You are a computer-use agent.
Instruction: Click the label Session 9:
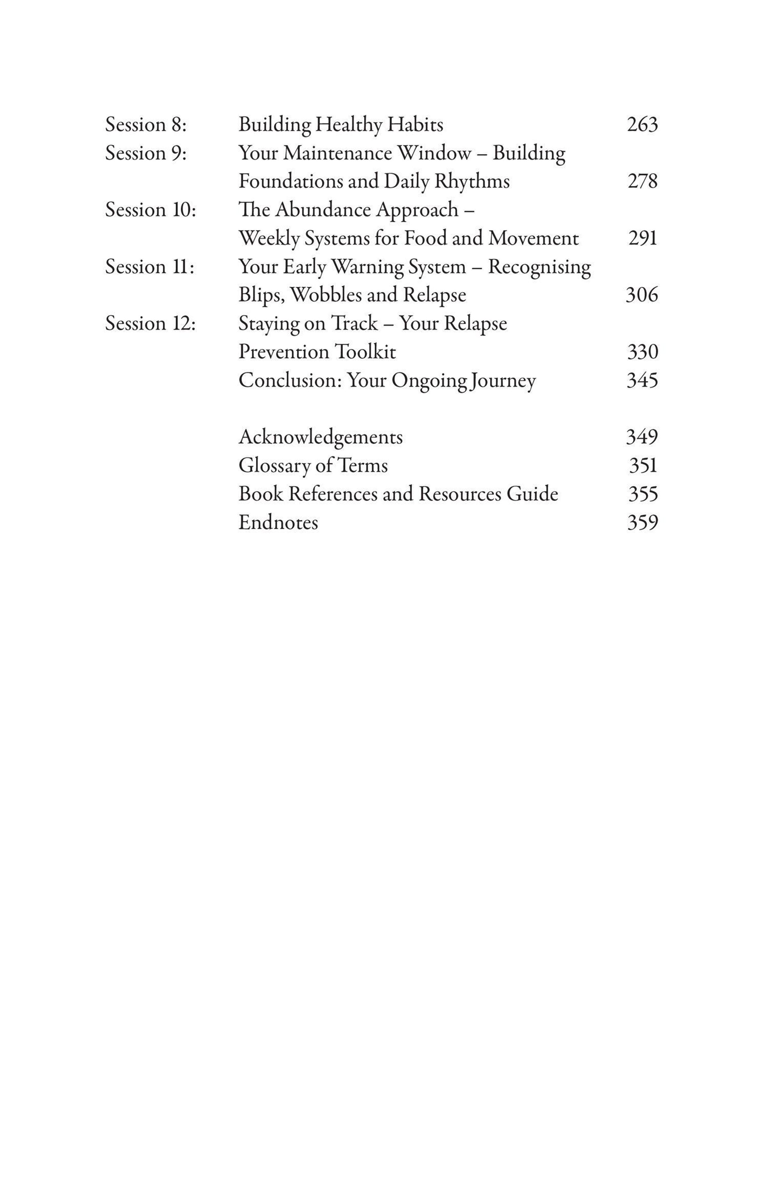146,153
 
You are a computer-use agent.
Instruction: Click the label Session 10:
150,210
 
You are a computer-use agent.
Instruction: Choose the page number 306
642,295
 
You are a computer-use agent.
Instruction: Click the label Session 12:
150,323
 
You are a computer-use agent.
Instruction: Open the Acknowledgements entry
320,437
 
